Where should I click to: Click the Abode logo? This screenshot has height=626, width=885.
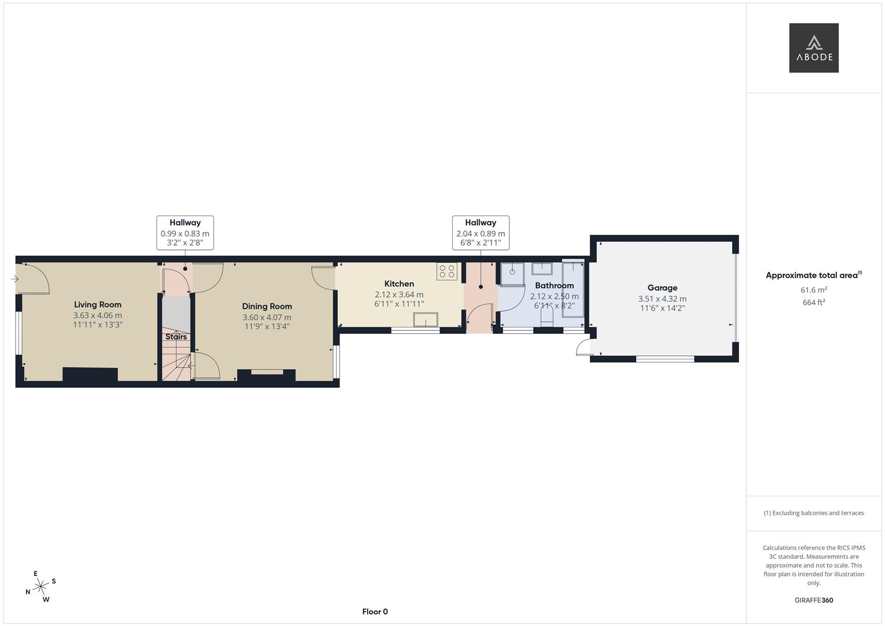tap(813, 48)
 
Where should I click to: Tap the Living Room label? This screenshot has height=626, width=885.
tap(97, 304)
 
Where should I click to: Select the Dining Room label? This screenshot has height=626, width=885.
tap(267, 306)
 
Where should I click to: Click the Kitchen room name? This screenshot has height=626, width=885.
tap(399, 283)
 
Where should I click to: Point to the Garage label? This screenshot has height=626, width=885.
tap(662, 287)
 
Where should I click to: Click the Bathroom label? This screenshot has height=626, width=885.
tap(554, 285)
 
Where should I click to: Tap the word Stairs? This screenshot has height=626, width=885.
tap(176, 337)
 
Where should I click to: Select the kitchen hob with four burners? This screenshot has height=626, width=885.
tap(447, 271)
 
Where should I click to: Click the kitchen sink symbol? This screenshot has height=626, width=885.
tap(425, 320)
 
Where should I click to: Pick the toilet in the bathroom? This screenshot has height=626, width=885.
tap(547, 317)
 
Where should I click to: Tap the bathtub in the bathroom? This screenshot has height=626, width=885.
tap(573, 289)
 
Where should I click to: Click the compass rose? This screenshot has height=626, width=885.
tap(41, 587)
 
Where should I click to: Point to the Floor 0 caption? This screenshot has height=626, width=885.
tap(374, 612)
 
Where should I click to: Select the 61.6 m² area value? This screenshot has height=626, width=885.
tap(813, 290)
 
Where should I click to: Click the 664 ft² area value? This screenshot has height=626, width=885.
tap(813, 302)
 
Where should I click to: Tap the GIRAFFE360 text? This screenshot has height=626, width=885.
tap(813, 600)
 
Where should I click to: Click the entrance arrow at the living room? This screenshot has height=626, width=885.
tap(14, 279)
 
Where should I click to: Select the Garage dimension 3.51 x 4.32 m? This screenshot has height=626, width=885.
tap(662, 299)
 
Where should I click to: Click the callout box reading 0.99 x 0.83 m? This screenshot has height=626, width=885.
tap(185, 233)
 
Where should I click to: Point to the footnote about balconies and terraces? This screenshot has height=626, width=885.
tap(813, 513)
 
